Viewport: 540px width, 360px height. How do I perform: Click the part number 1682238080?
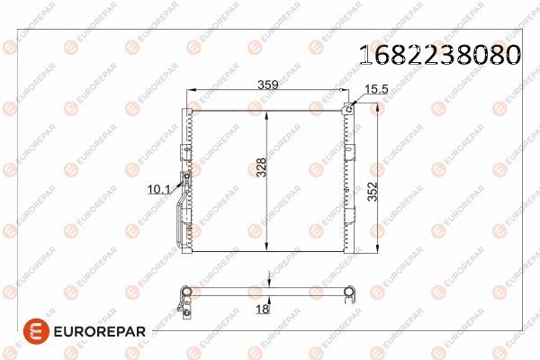tap(439, 55)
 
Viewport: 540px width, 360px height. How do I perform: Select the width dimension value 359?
tap(267, 85)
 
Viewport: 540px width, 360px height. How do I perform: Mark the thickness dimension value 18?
tap(262, 310)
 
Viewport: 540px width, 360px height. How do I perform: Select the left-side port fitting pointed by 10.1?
tap(184, 185)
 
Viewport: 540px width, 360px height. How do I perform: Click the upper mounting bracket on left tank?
tap(186, 118)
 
